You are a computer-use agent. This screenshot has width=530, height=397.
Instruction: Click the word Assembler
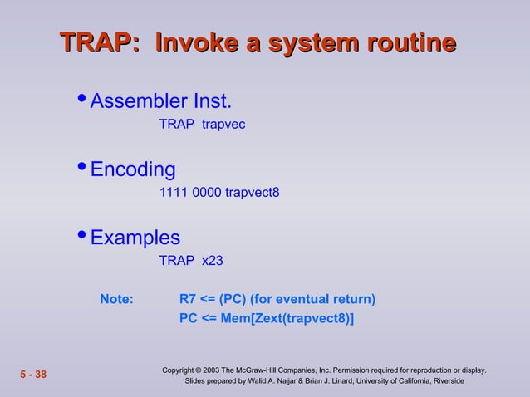tap(138, 102)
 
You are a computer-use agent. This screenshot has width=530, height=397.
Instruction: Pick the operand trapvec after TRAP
tap(223, 125)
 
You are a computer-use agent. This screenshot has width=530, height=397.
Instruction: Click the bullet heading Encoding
tap(133, 170)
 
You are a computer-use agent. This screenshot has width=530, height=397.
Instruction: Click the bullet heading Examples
tap(135, 238)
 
